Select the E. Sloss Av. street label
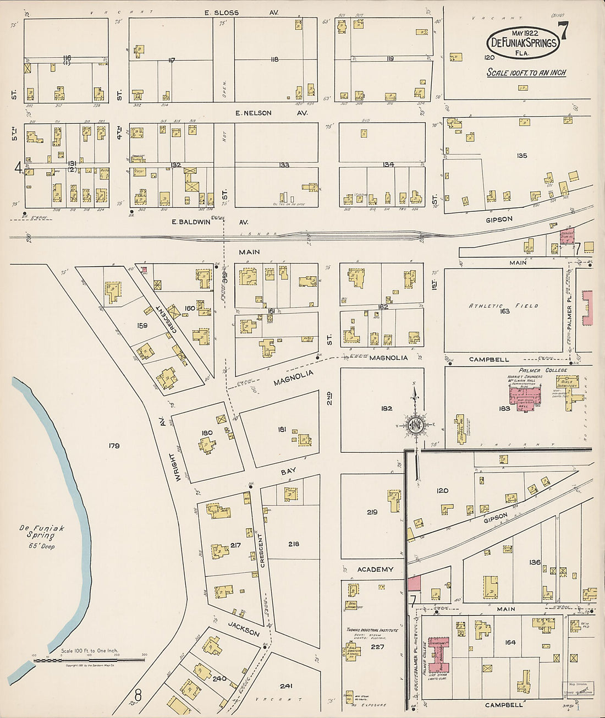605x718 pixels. pos(241,12)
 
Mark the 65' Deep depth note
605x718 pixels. pos(42,546)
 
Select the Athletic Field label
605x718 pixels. pos(503,306)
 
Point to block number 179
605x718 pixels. pos(114,446)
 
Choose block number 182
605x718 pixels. pos(386,408)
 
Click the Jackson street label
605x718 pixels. pos(244,629)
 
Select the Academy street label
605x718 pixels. pos(375,569)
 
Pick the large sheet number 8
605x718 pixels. pos(138,697)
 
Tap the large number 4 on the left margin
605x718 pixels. pos(18,167)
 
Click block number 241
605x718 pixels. pos(286,686)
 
